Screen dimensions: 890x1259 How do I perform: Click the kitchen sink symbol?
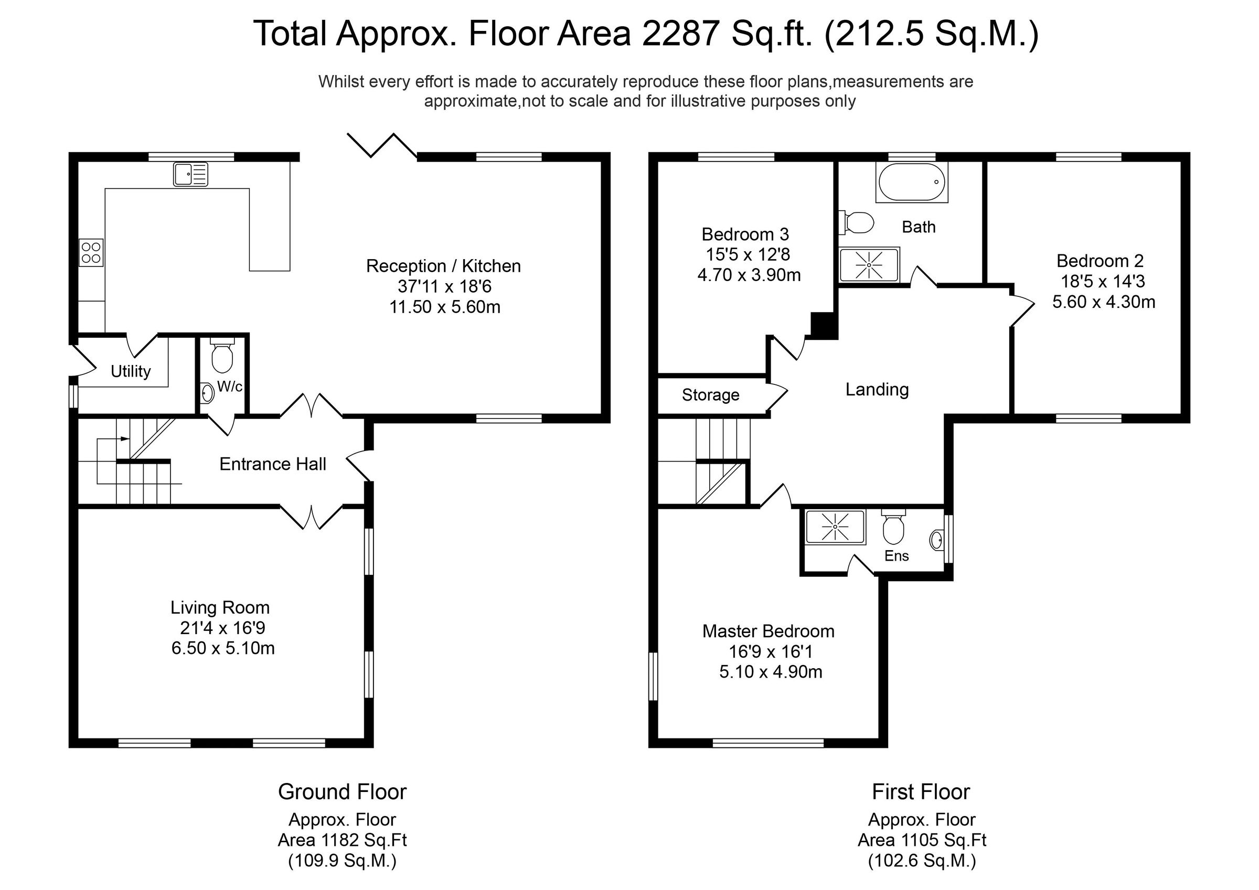tap(190, 174)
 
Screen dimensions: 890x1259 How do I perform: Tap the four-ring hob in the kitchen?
tap(91, 253)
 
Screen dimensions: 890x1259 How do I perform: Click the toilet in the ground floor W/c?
tap(221, 357)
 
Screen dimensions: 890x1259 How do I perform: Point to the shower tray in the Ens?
tap(835, 527)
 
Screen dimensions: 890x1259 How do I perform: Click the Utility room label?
tap(131, 372)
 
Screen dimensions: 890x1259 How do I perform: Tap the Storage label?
tap(710, 395)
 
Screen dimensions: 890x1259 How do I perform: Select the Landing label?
tap(877, 389)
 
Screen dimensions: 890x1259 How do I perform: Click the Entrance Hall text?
tap(273, 465)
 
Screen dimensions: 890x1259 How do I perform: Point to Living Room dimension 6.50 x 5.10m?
tap(222, 648)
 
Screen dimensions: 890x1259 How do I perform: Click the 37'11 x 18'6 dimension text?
tap(444, 286)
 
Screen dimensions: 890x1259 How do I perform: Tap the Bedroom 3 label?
tap(745, 235)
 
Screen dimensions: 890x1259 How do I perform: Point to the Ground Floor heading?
tap(342, 792)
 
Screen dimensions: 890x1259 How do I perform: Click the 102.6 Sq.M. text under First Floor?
tap(922, 861)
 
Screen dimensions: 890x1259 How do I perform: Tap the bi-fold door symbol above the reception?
tap(382, 145)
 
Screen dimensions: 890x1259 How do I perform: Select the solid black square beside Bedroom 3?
tap(824, 325)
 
